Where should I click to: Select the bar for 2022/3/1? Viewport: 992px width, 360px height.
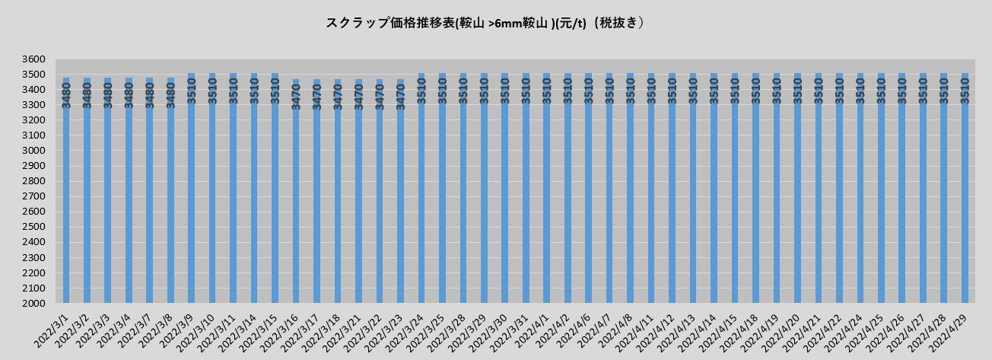click(x=66, y=190)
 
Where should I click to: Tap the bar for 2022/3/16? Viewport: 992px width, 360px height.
click(x=296, y=190)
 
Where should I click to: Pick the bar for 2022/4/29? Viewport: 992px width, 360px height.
click(x=965, y=190)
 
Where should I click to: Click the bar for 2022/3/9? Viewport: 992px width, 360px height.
click(x=192, y=190)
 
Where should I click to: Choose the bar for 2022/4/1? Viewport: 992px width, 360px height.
click(x=546, y=190)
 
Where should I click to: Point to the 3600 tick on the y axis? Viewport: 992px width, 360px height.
click(x=34, y=59)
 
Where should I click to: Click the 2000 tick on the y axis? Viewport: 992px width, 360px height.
click(x=34, y=304)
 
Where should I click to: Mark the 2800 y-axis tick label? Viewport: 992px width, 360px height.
click(x=34, y=181)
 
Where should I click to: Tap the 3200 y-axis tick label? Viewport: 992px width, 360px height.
click(x=34, y=120)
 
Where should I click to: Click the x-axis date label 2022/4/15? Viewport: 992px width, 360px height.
click(x=718, y=330)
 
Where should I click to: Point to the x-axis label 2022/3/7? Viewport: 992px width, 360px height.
click(x=135, y=328)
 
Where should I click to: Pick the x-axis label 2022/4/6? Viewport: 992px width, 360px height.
click(x=574, y=328)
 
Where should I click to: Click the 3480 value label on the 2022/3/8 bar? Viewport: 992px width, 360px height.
click(x=171, y=94)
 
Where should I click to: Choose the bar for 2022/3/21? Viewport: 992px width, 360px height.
click(x=358, y=190)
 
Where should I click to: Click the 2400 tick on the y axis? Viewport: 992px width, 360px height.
click(x=34, y=242)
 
